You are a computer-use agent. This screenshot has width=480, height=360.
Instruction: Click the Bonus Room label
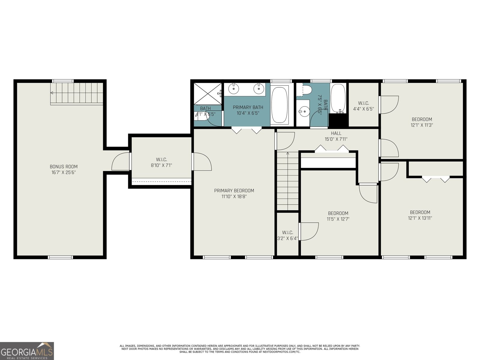pyautogui.click(x=64, y=166)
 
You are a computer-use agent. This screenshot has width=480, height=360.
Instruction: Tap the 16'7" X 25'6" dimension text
pyautogui.click(x=64, y=172)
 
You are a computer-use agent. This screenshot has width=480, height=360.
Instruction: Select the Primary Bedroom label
pyautogui.click(x=234, y=191)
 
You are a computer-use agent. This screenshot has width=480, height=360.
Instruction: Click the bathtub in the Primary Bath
pyautogui.click(x=280, y=105)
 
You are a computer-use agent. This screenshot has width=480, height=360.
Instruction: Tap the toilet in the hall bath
pyautogui.click(x=306, y=89)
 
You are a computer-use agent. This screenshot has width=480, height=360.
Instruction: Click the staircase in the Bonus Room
pyautogui.click(x=77, y=93)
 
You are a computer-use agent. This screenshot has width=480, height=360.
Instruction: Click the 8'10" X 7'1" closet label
pyautogui.click(x=161, y=165)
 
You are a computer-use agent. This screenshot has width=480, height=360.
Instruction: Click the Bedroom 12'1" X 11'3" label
pyautogui.click(x=421, y=122)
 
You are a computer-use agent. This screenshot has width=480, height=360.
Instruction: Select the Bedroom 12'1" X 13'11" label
pyautogui.click(x=420, y=215)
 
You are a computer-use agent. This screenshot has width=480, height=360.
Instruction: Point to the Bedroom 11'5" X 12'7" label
pyautogui.click(x=338, y=216)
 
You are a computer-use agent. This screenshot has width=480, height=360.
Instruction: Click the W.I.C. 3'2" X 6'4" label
pyautogui.click(x=287, y=235)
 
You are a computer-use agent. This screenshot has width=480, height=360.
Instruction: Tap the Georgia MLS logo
pyautogui.click(x=27, y=351)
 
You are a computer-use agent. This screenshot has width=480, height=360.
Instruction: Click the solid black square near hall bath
pyautogui.click(x=338, y=120)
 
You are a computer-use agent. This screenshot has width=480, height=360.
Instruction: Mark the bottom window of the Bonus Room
pyautogui.click(x=60, y=257)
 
